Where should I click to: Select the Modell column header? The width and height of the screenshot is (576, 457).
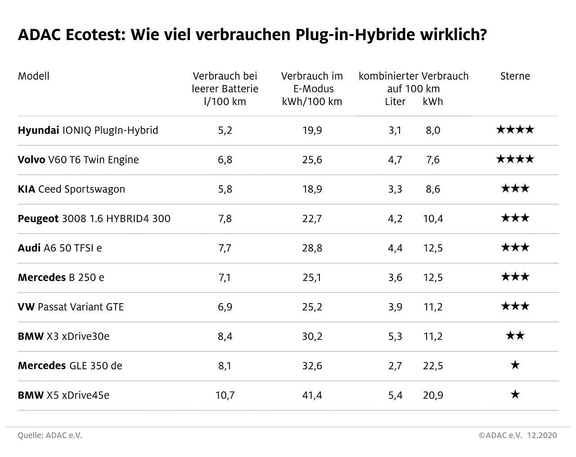[x=34, y=76]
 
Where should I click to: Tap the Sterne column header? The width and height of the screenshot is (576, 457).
[x=515, y=76]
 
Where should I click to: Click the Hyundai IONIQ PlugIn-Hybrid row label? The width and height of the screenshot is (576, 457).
[x=88, y=130]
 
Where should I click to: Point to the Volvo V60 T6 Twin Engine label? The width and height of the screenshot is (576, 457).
[x=78, y=160]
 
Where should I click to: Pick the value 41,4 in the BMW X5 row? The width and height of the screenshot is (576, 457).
[x=312, y=395]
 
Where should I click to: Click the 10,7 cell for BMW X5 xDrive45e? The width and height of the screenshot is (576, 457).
[x=225, y=395]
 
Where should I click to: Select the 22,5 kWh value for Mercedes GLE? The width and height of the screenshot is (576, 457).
[x=433, y=366]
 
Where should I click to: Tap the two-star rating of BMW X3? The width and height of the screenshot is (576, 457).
[x=515, y=336]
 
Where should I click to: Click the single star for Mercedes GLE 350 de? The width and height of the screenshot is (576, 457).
[x=515, y=365]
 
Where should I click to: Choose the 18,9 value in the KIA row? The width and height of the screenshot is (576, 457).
[x=312, y=189]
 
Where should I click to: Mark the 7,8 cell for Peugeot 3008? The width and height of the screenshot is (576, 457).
[x=225, y=219]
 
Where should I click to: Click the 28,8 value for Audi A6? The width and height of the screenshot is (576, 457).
[x=312, y=248]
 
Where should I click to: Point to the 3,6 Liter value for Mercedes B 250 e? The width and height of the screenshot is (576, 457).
[x=395, y=278]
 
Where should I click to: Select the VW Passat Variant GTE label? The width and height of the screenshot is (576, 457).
[x=71, y=307]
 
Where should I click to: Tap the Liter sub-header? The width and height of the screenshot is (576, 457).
[x=395, y=102]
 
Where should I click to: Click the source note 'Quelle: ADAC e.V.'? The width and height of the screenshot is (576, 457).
[x=50, y=435]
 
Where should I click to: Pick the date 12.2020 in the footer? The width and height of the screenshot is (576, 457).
[x=542, y=435]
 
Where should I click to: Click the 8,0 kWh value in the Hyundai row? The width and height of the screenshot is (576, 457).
[x=433, y=130]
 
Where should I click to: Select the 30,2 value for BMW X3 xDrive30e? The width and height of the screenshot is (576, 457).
[x=312, y=336]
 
